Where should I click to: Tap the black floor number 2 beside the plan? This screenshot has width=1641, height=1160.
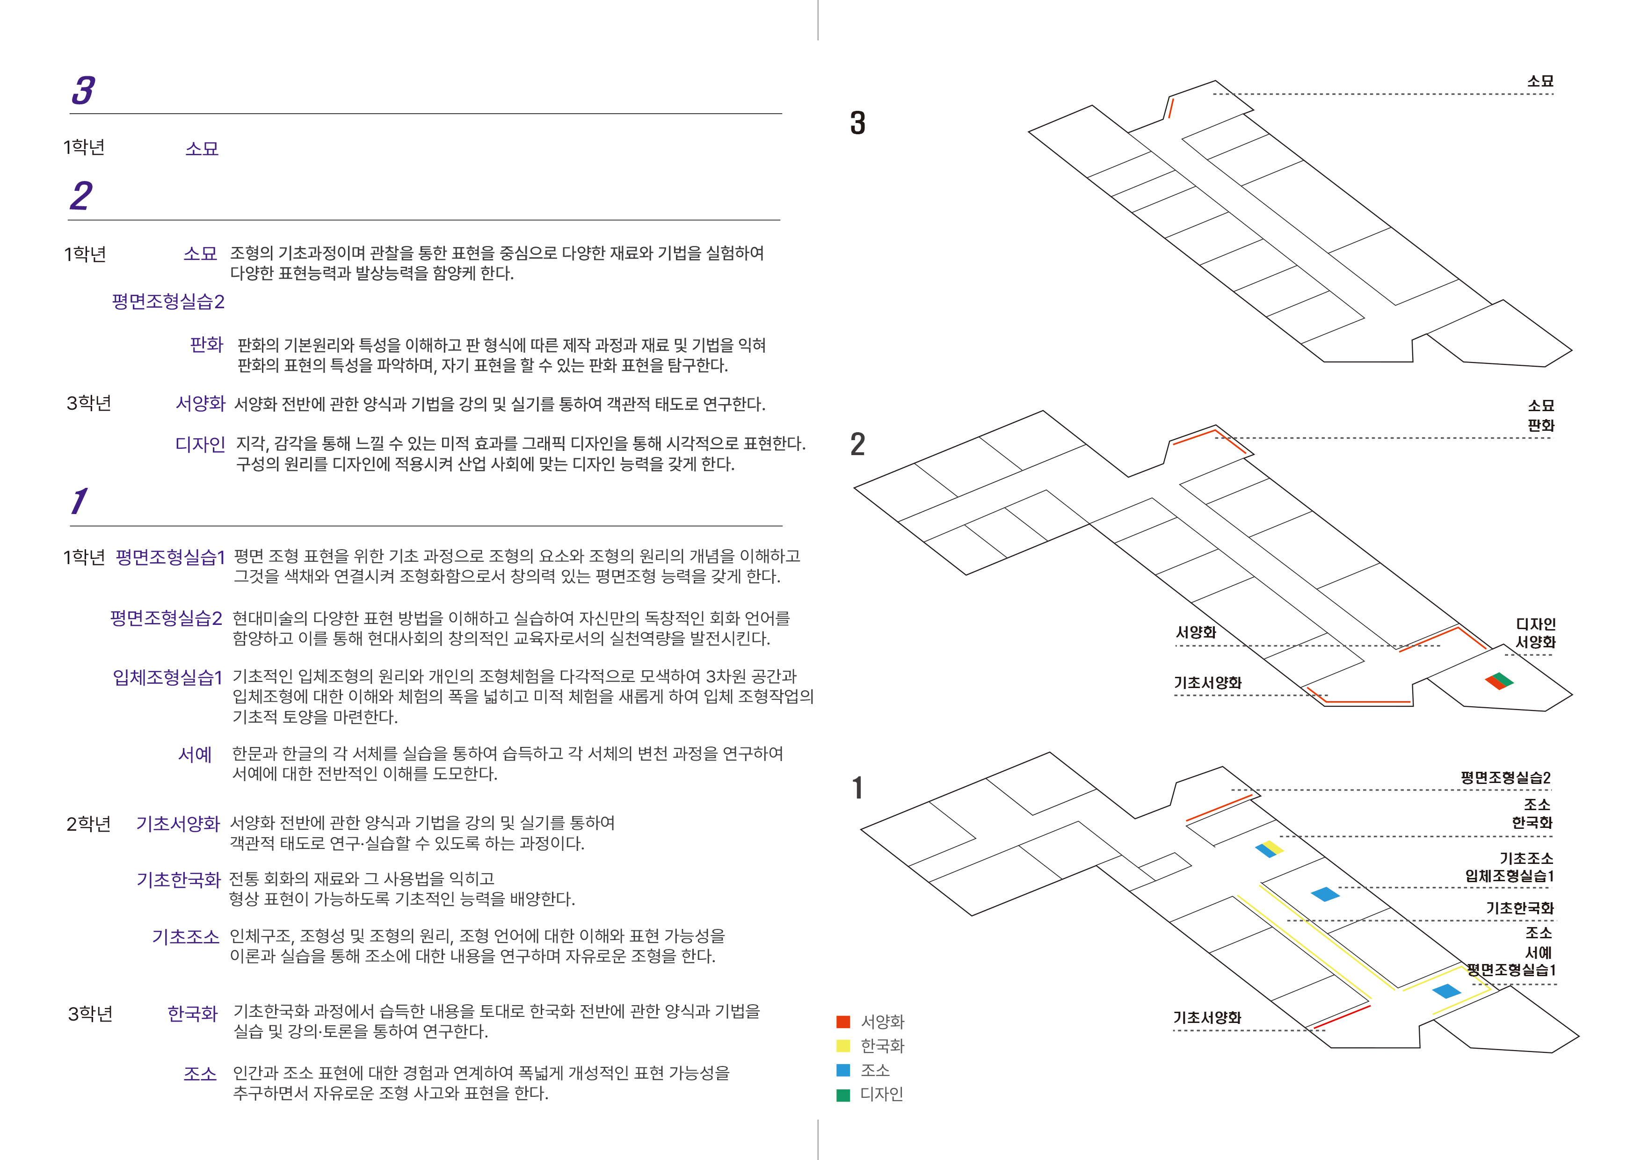click(x=857, y=444)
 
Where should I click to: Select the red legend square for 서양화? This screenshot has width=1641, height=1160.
click(x=843, y=1022)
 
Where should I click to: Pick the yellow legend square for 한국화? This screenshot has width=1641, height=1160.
click(x=843, y=1046)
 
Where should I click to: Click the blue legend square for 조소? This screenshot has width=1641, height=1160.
click(x=843, y=1070)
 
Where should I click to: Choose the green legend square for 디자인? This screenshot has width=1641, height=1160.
click(x=843, y=1094)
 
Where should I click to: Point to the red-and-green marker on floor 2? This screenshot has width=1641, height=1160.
click(x=1499, y=681)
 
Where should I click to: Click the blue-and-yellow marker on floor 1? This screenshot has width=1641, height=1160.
click(x=1270, y=849)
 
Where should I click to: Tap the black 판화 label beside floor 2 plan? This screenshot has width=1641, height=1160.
click(x=1541, y=425)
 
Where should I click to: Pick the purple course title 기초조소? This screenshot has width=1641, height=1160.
click(x=186, y=937)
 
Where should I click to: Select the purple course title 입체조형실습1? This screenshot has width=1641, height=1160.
click(x=168, y=677)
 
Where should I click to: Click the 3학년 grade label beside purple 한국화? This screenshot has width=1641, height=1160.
click(x=90, y=1014)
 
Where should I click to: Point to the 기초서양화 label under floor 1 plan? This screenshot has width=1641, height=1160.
click(x=1207, y=1018)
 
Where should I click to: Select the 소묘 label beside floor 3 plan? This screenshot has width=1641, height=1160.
click(x=1540, y=81)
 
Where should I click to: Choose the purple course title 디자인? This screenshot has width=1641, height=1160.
click(x=200, y=444)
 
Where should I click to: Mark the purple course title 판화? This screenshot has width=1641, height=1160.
click(x=207, y=345)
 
